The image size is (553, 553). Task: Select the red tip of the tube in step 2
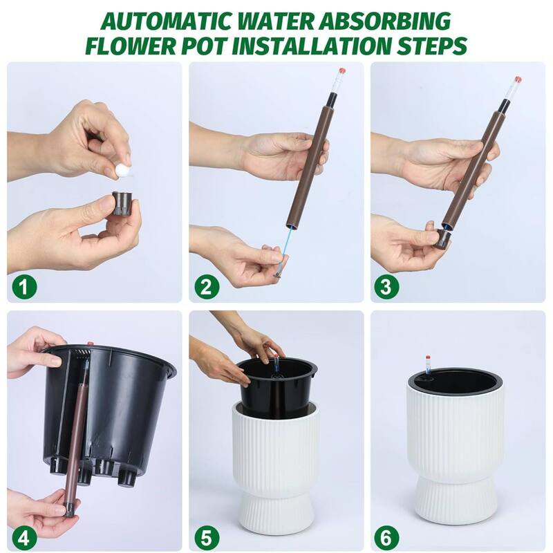click(340, 71)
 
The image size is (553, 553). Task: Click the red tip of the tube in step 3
click(517, 79)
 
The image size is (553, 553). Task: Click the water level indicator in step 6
click(429, 365)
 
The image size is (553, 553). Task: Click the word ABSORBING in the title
click(393, 21)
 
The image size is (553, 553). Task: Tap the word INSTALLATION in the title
click(303, 47)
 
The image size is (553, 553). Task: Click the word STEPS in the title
click(432, 47)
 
